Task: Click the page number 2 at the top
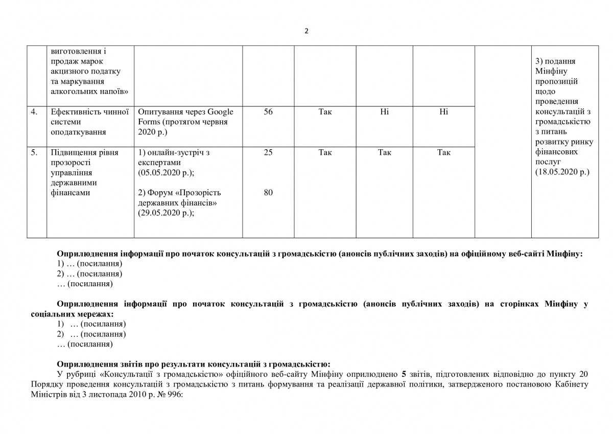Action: tap(306, 31)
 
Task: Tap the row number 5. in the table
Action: tap(34, 152)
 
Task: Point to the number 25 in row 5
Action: tap(268, 152)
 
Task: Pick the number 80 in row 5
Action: tap(268, 193)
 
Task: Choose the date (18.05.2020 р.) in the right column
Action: tap(562, 172)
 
